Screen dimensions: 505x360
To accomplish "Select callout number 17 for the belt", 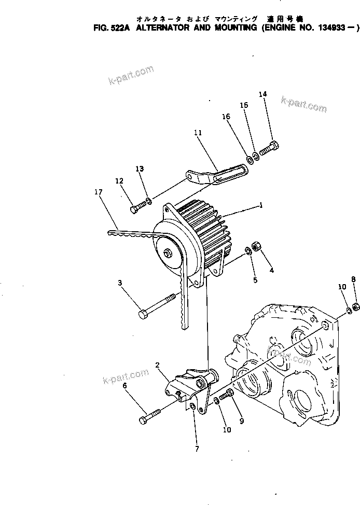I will coord(98,191).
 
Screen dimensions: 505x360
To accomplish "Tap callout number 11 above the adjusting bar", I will coord(198,133).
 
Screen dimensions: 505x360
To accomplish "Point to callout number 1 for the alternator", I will coord(261,205).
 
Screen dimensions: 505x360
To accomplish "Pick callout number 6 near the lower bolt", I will coord(124,386).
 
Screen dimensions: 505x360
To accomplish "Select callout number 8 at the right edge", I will coord(353,279).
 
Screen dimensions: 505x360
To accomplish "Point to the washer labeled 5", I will coord(248,252).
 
